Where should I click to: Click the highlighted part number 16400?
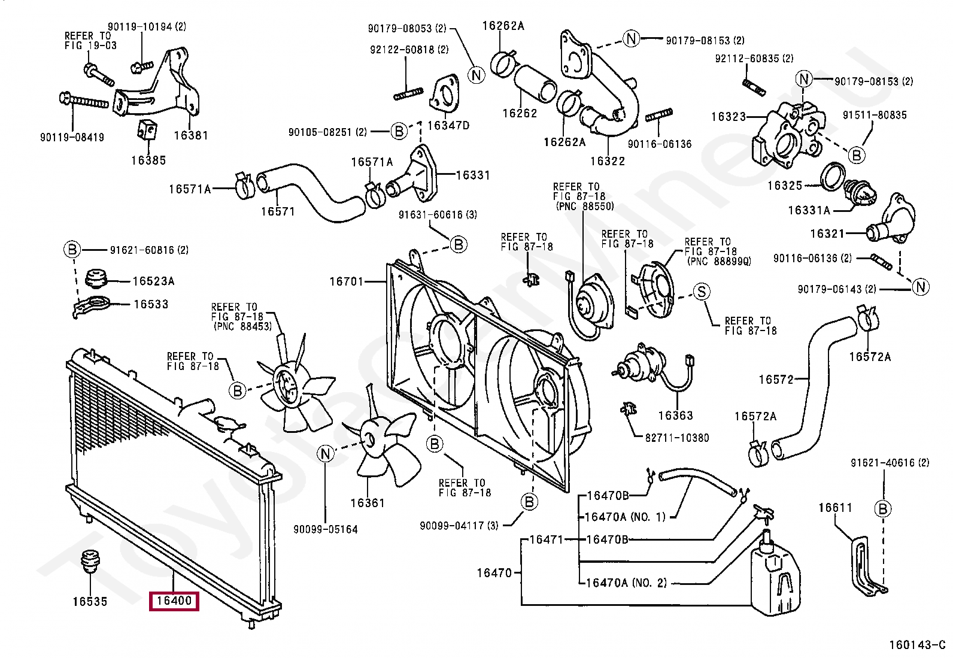(x=174, y=601)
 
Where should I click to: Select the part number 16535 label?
(x=90, y=601)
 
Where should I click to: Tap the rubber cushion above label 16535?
(x=90, y=561)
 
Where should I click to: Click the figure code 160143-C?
(x=917, y=645)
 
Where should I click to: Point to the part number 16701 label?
(x=347, y=281)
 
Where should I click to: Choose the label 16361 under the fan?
(x=367, y=503)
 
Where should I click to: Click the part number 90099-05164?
(x=326, y=529)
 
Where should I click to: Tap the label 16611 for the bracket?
(x=835, y=508)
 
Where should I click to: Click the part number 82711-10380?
(x=677, y=438)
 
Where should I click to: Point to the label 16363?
(x=676, y=416)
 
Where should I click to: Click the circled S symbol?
(x=702, y=292)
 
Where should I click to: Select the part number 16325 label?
(x=785, y=186)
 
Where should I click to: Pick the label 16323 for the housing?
(x=729, y=117)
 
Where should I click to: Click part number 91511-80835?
(x=875, y=115)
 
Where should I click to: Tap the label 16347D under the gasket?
(x=448, y=126)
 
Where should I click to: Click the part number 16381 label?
(x=191, y=135)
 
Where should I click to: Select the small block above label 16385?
(x=147, y=129)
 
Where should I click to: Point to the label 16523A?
(x=154, y=281)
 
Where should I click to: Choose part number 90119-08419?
(x=72, y=137)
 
